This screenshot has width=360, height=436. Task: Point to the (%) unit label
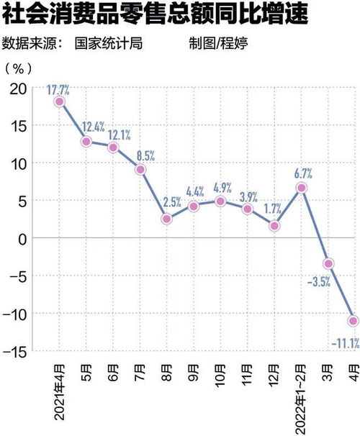tap(19, 68)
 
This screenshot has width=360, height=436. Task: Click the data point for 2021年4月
tap(59, 101)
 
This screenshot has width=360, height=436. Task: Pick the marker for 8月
tap(166, 219)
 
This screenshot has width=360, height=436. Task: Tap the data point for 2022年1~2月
tap(302, 188)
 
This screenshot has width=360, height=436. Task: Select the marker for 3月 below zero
tap(328, 264)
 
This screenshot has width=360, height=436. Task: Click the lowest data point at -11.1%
tap(354, 320)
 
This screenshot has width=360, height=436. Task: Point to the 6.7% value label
tap(302, 173)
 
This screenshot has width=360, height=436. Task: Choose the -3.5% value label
tap(318, 282)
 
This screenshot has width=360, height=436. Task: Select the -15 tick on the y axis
tap(14, 351)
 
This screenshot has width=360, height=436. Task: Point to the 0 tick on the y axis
tap(23, 238)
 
